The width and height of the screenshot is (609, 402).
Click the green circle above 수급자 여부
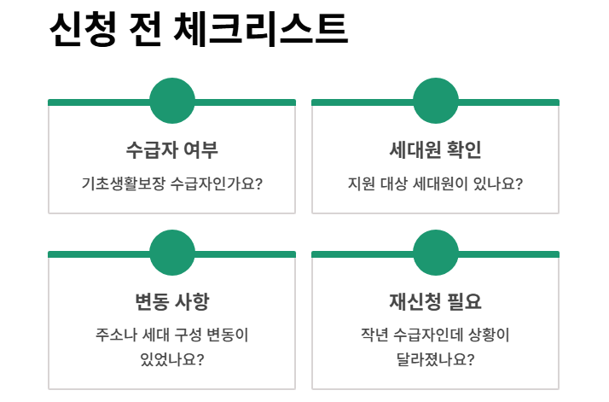click(x=172, y=101)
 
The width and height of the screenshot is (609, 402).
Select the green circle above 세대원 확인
click(x=436, y=101)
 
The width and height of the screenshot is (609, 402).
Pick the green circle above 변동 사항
click(x=172, y=253)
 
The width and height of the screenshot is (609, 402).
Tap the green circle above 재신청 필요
click(x=436, y=253)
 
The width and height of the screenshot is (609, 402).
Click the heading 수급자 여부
click(x=172, y=150)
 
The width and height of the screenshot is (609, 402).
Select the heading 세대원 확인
click(x=436, y=150)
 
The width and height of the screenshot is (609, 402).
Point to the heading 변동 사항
click(x=172, y=302)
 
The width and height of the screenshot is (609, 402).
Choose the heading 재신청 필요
click(x=436, y=302)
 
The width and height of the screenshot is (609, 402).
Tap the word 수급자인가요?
click(x=217, y=183)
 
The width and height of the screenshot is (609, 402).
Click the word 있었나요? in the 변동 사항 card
click(x=172, y=358)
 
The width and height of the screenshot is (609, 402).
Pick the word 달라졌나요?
click(x=436, y=358)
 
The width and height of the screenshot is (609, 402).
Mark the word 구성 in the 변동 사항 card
click(x=193, y=335)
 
